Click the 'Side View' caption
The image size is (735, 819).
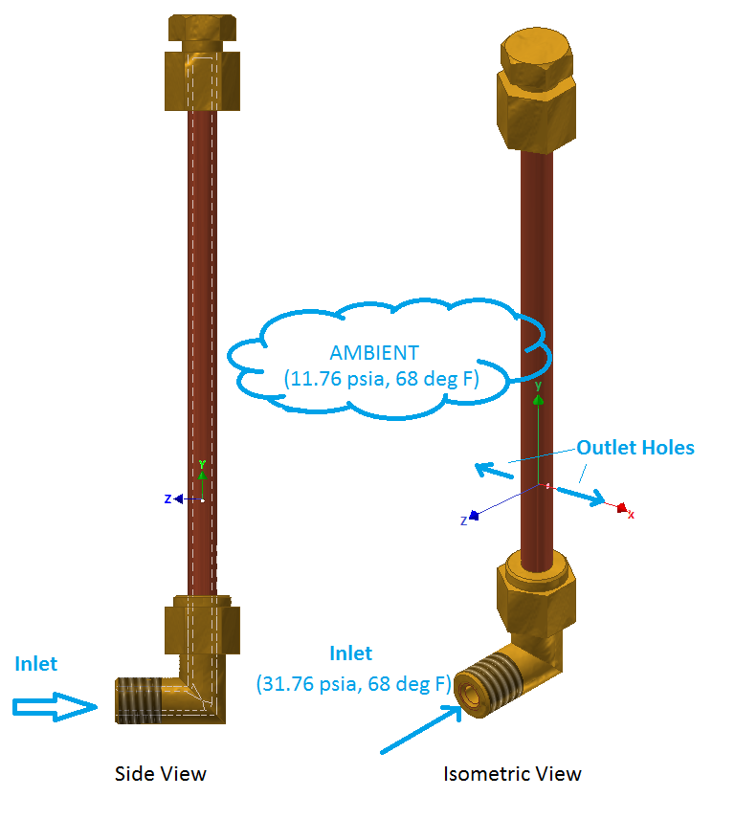click(160, 773)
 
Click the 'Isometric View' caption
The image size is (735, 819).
click(512, 773)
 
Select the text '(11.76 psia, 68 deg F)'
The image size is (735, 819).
click(382, 378)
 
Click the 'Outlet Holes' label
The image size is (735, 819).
click(635, 447)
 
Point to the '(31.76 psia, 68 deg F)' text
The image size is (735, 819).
click(352, 683)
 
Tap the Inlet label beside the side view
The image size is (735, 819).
click(36, 663)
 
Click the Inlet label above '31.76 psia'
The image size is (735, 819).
click(350, 653)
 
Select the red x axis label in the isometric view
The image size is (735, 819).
click(632, 515)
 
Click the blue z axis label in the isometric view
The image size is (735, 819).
click(464, 520)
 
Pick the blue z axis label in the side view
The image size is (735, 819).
click(167, 498)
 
